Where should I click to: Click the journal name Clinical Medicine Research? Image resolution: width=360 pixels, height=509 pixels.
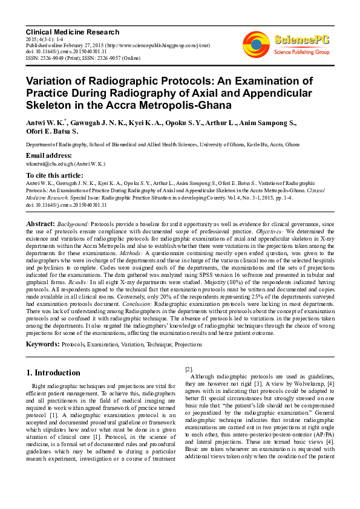72,31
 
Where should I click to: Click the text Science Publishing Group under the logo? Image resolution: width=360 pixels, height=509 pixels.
301,53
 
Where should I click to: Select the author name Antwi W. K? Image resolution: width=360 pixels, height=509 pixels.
44,123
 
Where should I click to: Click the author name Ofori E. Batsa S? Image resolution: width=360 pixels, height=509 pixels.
51,131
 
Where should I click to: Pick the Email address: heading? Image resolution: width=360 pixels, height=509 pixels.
49,155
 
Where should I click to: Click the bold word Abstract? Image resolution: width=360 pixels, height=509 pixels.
40,224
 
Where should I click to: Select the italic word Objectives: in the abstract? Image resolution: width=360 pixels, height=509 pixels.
268,232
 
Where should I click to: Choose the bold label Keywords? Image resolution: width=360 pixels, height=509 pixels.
42,344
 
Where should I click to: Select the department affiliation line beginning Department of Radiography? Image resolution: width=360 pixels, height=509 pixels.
162,145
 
